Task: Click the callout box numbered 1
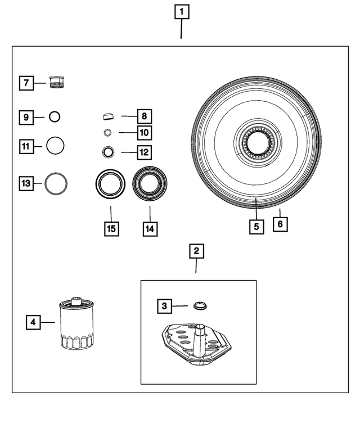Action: tap(181, 11)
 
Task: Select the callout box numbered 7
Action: tap(25, 83)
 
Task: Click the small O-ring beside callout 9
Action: tap(55, 117)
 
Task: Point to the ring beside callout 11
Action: tap(55, 146)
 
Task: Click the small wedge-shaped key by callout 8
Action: tap(109, 116)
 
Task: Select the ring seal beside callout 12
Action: tap(108, 151)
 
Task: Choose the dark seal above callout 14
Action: tap(150, 184)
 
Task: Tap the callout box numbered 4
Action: tap(33, 322)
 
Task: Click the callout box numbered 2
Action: tap(196, 251)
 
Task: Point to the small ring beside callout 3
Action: tap(199, 306)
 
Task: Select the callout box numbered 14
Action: tap(150, 229)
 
